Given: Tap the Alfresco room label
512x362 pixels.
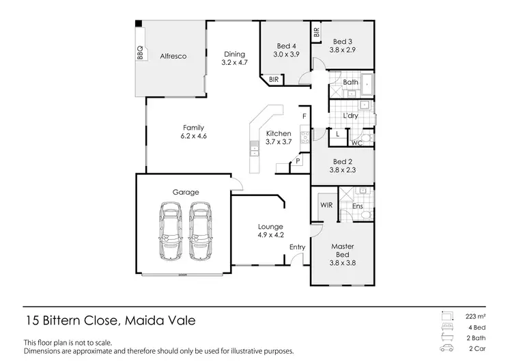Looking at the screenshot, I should click(x=173, y=56).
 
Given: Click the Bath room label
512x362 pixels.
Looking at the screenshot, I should click(x=351, y=83).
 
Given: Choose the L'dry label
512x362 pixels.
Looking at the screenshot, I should click(x=351, y=116).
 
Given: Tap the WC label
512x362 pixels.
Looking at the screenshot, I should click(x=356, y=143).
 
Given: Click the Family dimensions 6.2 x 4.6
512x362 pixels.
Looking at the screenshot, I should click(x=194, y=137).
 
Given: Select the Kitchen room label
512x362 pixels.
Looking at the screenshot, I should click(x=279, y=133).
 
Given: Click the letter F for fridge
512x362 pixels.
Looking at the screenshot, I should click(x=304, y=117).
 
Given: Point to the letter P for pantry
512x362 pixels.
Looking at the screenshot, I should click(x=298, y=161).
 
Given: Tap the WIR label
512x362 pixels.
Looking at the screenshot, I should click(x=325, y=204).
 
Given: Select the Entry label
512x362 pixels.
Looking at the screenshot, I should click(x=298, y=247).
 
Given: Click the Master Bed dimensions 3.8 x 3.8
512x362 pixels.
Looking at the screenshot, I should click(x=342, y=262).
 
